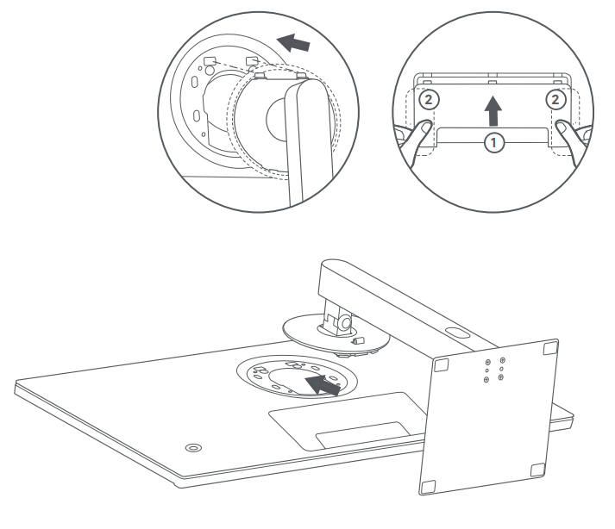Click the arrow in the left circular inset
tap(293, 43)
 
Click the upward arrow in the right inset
tap(493, 111)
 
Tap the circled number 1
tap(493, 143)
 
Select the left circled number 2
tap(429, 100)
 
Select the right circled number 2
tap(555, 100)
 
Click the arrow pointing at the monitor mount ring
tap(323, 384)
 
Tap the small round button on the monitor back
tap(193, 447)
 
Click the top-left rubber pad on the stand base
tap(442, 364)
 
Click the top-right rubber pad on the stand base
tap(550, 347)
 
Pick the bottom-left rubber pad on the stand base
tap(428, 487)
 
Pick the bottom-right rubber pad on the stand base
tap(537, 470)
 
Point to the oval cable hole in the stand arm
tap(457, 333)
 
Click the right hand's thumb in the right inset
tap(563, 128)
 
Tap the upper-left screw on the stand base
tap(488, 363)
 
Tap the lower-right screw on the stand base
tap(500, 377)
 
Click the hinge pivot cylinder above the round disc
tap(345, 323)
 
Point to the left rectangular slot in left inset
tap(210, 60)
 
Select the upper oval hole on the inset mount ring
tap(194, 82)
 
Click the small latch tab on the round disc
tap(359, 340)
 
